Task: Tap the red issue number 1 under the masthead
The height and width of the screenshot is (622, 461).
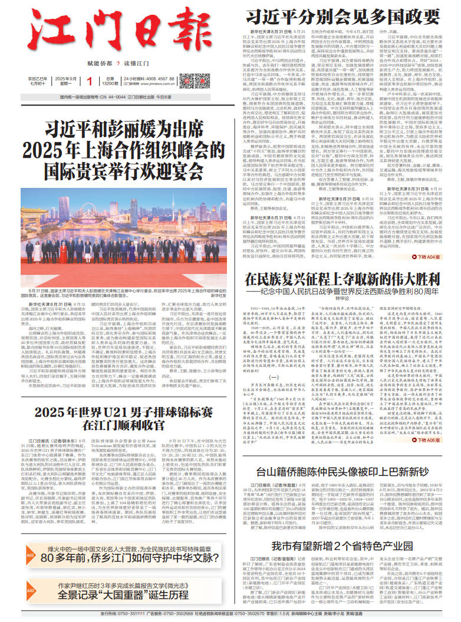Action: tap(89, 81)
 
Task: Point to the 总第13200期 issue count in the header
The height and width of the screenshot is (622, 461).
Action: tap(111, 81)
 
